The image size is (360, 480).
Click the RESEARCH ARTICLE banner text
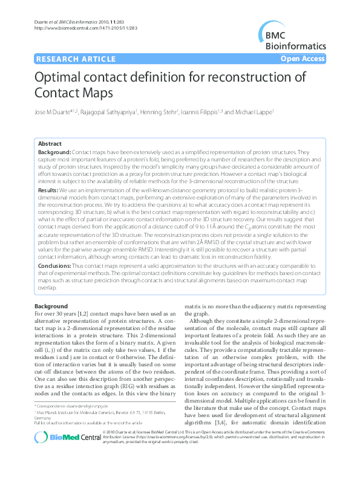[x=76, y=59]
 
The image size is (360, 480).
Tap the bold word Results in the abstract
[x=48, y=189]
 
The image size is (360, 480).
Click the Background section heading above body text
[x=51, y=306]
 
